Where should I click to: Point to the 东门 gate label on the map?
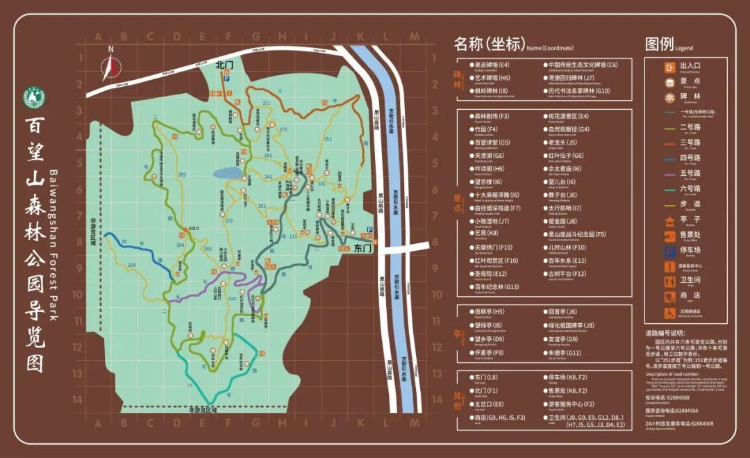click(363, 248)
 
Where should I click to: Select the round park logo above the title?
click(33, 99)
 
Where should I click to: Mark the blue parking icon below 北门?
click(226, 80)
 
